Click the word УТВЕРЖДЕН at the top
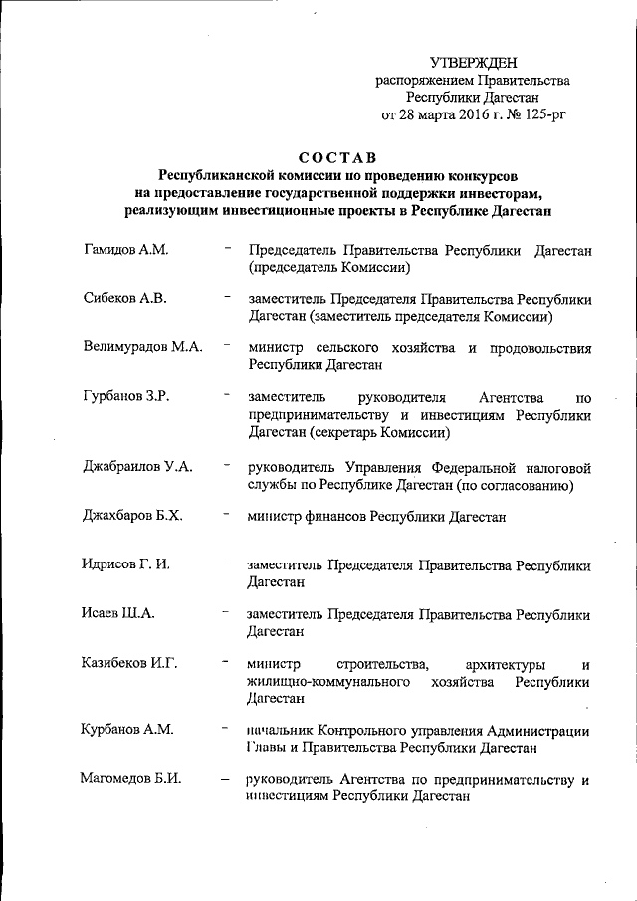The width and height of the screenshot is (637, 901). point(474,63)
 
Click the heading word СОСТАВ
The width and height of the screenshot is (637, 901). point(337,158)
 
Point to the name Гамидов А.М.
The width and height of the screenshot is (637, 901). point(124,249)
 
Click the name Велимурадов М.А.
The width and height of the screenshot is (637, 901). point(142,346)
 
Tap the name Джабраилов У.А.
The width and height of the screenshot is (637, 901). point(137,465)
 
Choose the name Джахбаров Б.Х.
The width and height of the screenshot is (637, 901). point(132,515)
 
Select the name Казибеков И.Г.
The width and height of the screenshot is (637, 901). point(129,662)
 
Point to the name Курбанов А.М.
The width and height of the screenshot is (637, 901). point(127,729)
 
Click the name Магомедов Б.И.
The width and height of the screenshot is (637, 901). point(130,779)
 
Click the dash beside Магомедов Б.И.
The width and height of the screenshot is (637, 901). point(228,779)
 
